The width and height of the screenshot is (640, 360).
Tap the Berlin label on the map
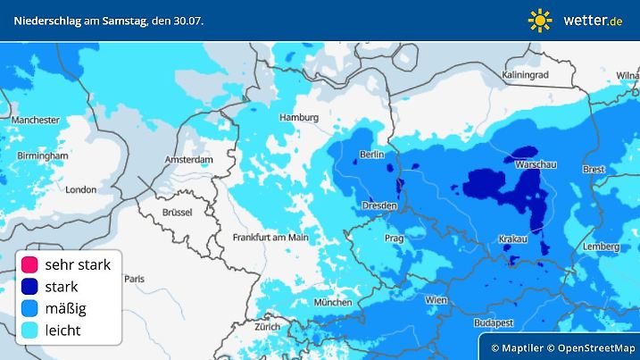pos(371,155)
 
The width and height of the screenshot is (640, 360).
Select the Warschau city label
pos(536,165)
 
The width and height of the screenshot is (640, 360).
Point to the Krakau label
pos(511,239)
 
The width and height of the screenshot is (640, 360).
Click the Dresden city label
pos(378,206)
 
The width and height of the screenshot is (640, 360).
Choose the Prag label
pos(395,239)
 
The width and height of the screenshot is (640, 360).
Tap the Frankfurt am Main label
pos(270,238)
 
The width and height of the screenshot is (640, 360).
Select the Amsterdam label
pos(188,160)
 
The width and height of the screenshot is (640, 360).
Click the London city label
pos(80,189)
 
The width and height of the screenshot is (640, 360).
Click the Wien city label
pos(436,299)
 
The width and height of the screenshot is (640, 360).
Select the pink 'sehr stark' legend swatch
pos(29,264)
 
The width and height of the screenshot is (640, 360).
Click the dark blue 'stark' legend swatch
pos(29,287)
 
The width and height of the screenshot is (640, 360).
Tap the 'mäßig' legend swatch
pos(29,309)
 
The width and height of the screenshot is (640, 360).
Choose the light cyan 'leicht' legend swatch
pos(29,331)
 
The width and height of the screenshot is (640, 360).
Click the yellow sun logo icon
pos(541,20)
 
